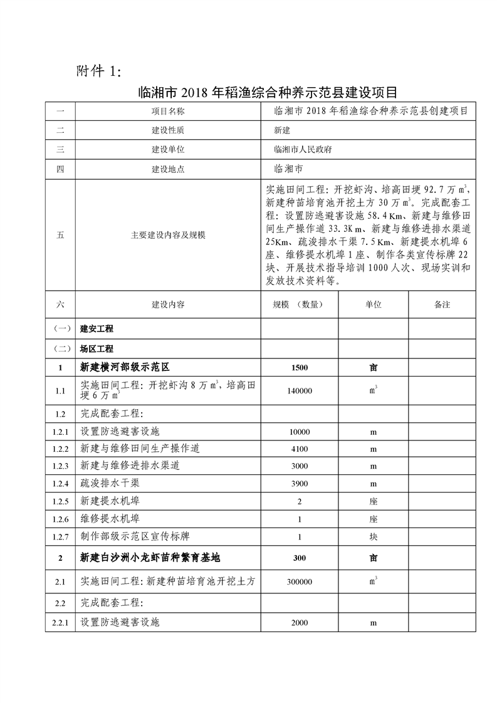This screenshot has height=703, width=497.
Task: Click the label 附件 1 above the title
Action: [98, 70]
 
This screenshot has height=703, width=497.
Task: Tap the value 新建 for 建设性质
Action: [283, 131]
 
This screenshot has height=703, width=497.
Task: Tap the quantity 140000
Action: [300, 390]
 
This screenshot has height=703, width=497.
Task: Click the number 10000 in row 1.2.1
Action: [300, 432]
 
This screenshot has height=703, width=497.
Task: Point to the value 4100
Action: [300, 449]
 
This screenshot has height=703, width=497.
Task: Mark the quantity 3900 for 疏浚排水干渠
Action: [300, 484]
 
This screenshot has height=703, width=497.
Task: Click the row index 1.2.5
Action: [60, 501]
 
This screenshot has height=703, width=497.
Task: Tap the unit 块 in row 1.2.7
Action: [374, 536]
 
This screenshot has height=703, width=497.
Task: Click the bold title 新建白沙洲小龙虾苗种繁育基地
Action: [150, 558]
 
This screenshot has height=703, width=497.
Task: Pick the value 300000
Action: [300, 581]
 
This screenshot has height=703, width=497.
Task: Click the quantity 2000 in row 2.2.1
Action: [300, 623]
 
